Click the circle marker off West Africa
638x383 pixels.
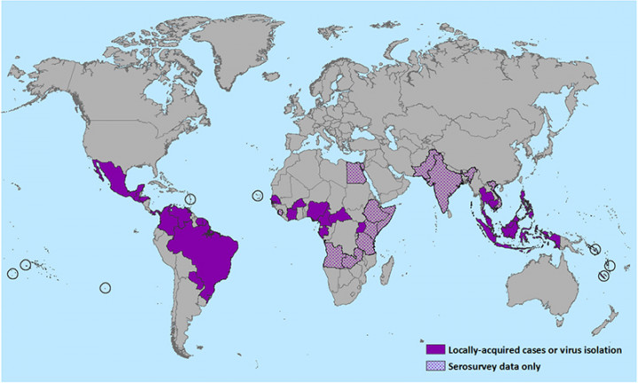(258, 195)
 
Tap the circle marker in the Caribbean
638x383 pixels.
(191, 198)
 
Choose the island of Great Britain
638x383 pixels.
(299, 113)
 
